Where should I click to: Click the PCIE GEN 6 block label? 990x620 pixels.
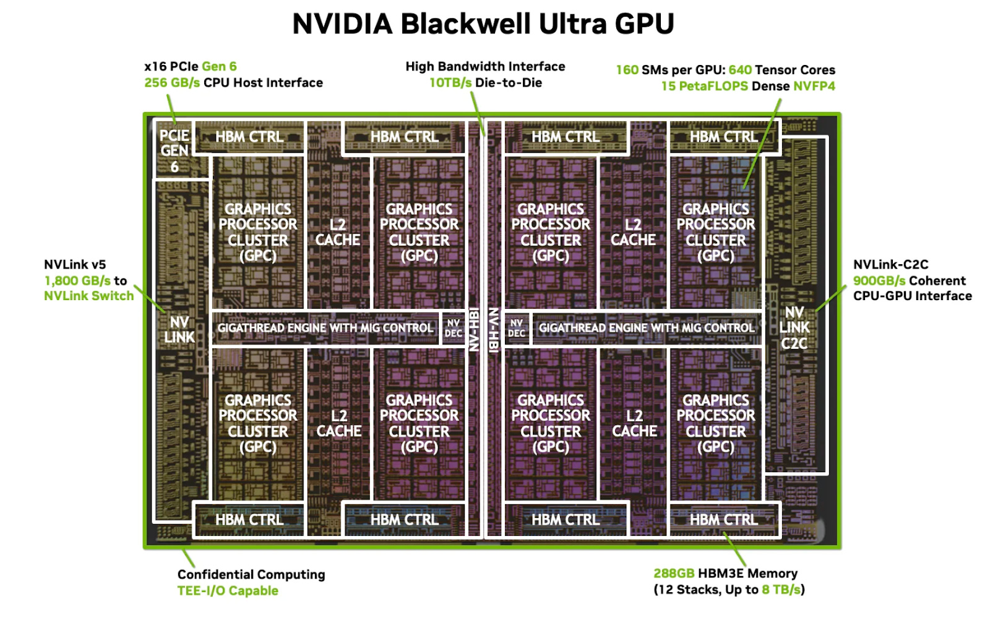pos(174,151)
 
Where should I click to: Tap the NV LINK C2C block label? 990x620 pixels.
pos(794,328)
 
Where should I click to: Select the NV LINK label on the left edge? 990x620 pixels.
pos(179,330)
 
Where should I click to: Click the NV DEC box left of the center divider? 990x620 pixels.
pos(454,328)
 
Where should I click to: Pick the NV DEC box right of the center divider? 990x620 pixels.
pos(516,328)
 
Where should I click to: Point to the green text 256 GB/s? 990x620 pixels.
pos(172,83)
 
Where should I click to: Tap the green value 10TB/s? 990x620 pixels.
pos(450,83)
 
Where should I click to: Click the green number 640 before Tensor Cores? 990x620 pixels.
pos(740,70)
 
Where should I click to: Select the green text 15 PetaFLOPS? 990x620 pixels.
pos(705,86)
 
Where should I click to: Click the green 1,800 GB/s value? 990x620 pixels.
pos(77,281)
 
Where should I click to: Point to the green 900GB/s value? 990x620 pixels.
pos(879,281)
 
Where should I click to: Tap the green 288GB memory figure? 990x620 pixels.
pos(674,574)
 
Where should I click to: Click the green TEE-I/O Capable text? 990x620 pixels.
pos(228,591)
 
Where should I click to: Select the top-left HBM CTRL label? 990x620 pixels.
pos(249,137)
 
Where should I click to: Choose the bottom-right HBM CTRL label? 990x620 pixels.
pos(723,520)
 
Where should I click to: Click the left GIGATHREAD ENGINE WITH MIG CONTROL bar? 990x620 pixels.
pos(325,328)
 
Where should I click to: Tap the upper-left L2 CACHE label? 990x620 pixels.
pos(338,232)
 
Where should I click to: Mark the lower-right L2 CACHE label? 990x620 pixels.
pos(634,423)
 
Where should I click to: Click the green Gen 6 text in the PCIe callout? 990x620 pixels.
pos(219,66)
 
